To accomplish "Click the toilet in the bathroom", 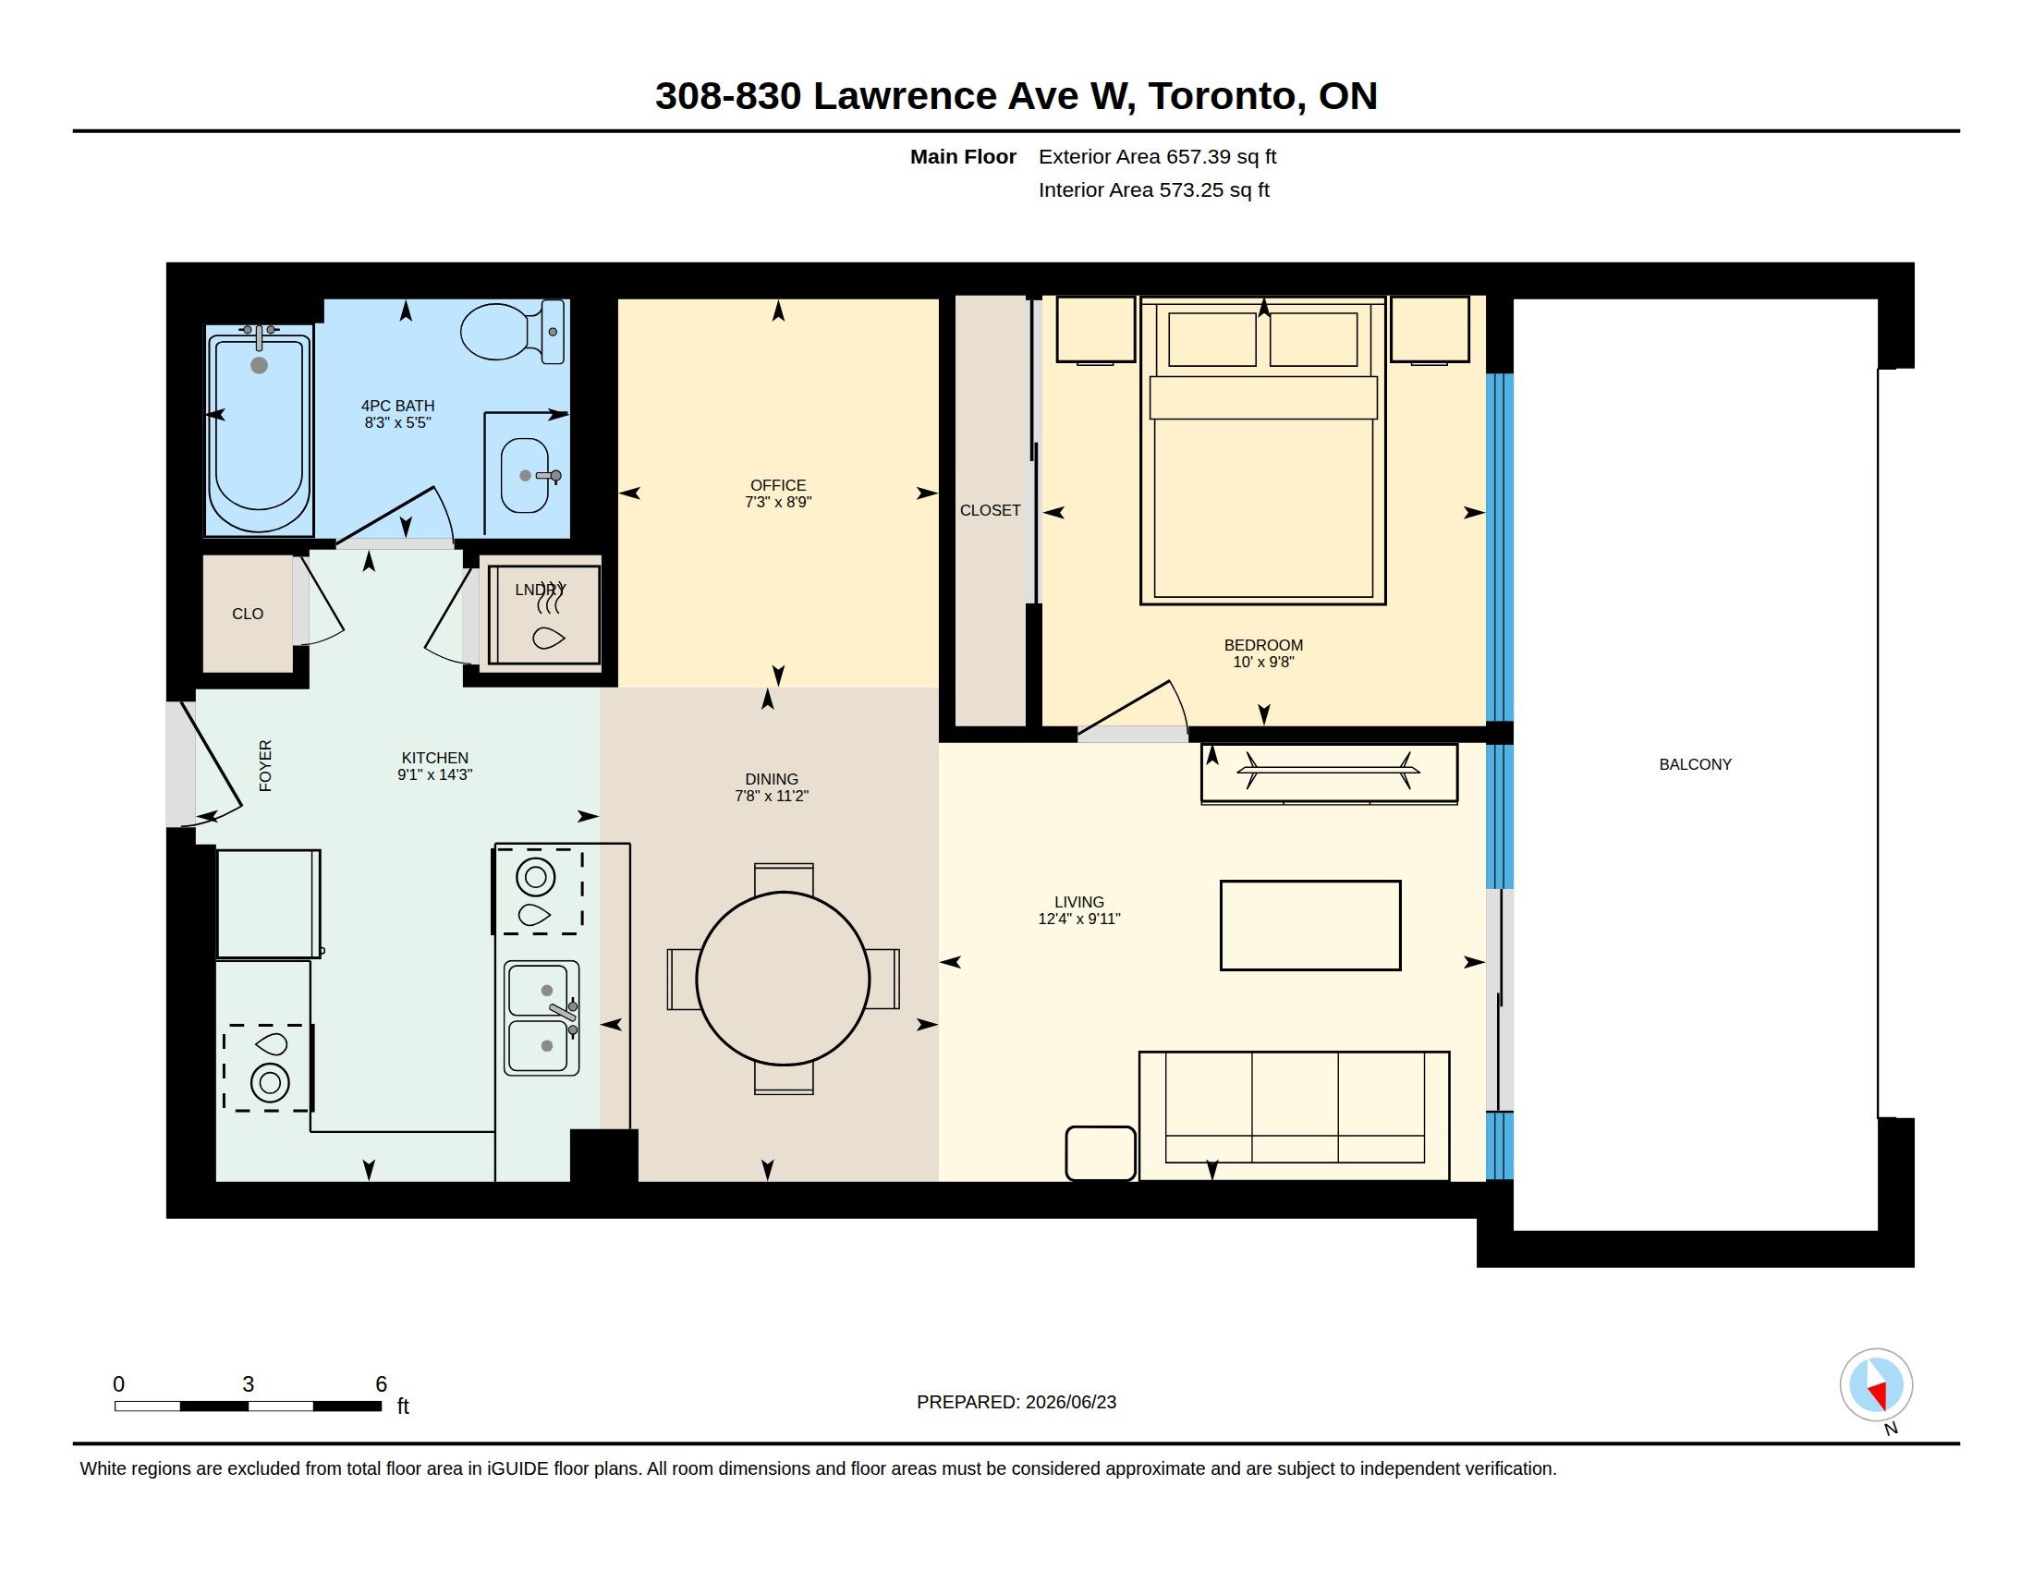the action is (x=513, y=332).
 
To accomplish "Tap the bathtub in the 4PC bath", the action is (x=259, y=430).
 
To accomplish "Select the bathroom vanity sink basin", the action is (x=525, y=476).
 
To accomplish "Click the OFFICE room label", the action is (x=778, y=485).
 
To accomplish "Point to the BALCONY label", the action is (x=1695, y=764).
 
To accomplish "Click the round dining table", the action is (x=783, y=978).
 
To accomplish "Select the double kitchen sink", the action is (x=542, y=1018).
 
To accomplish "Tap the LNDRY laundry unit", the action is (x=544, y=615).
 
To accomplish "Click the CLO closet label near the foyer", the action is (x=248, y=615).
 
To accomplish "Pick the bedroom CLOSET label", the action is (x=991, y=510).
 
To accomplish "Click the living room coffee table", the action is (x=1310, y=925).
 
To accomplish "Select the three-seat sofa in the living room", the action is (x=1294, y=1116).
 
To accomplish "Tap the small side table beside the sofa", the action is (x=1101, y=1153).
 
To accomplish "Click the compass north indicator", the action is (x=1877, y=1387).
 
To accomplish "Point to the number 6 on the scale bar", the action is (x=381, y=1384).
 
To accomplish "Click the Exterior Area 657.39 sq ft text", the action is (x=1157, y=156).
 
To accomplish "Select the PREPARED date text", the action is (x=1016, y=1402).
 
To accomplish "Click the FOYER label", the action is (x=265, y=766).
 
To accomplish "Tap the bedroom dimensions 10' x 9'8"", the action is (x=1263, y=662).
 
